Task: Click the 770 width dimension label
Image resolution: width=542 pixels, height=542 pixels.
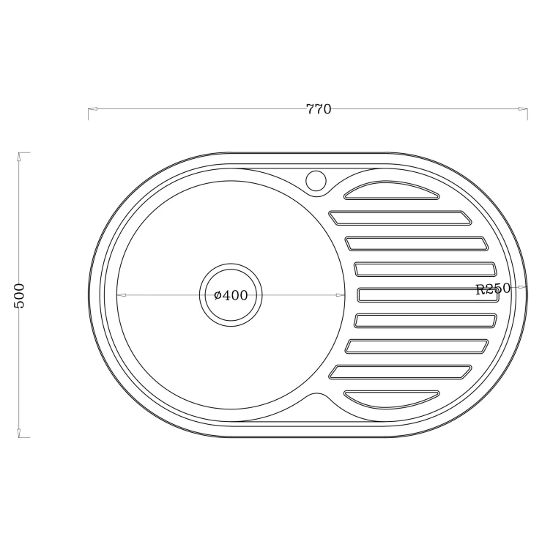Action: (x=319, y=109)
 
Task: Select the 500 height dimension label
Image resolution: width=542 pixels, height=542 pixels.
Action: (x=19, y=296)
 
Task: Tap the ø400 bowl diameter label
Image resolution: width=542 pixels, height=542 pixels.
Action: (x=231, y=295)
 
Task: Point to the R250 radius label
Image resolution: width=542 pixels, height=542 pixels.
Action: (x=493, y=289)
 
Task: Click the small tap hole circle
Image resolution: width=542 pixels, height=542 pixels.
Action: (x=316, y=180)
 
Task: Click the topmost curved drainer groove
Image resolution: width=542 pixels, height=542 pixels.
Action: (x=392, y=191)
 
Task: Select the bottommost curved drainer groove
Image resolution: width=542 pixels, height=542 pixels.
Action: (x=392, y=399)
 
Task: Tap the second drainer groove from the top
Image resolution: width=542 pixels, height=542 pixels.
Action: (x=400, y=218)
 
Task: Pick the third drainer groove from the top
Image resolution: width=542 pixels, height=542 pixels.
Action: (x=417, y=243)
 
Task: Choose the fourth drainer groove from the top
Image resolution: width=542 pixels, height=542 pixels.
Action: (x=425, y=270)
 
